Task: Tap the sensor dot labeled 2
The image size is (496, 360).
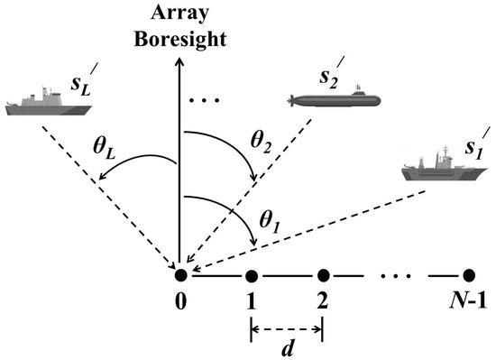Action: [323, 274]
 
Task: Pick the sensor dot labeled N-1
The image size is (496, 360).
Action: [467, 274]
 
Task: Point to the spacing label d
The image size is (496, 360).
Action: [287, 346]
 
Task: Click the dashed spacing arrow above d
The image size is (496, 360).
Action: [287, 326]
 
